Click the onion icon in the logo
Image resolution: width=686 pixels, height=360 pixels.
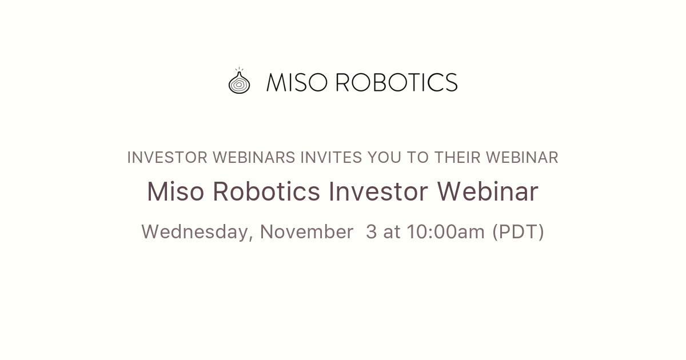[239, 82]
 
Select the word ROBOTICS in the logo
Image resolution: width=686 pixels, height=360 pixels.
[396, 82]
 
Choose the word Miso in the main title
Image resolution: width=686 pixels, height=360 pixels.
[176, 192]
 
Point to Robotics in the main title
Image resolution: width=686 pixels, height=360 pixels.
[266, 192]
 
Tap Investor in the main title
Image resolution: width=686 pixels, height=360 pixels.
[378, 192]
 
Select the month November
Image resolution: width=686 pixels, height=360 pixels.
[306, 232]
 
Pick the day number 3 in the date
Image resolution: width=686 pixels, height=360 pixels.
[372, 232]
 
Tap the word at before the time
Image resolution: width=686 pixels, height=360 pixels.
[392, 232]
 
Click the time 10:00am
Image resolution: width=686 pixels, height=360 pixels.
[446, 232]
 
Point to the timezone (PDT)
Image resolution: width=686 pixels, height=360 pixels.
[518, 232]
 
